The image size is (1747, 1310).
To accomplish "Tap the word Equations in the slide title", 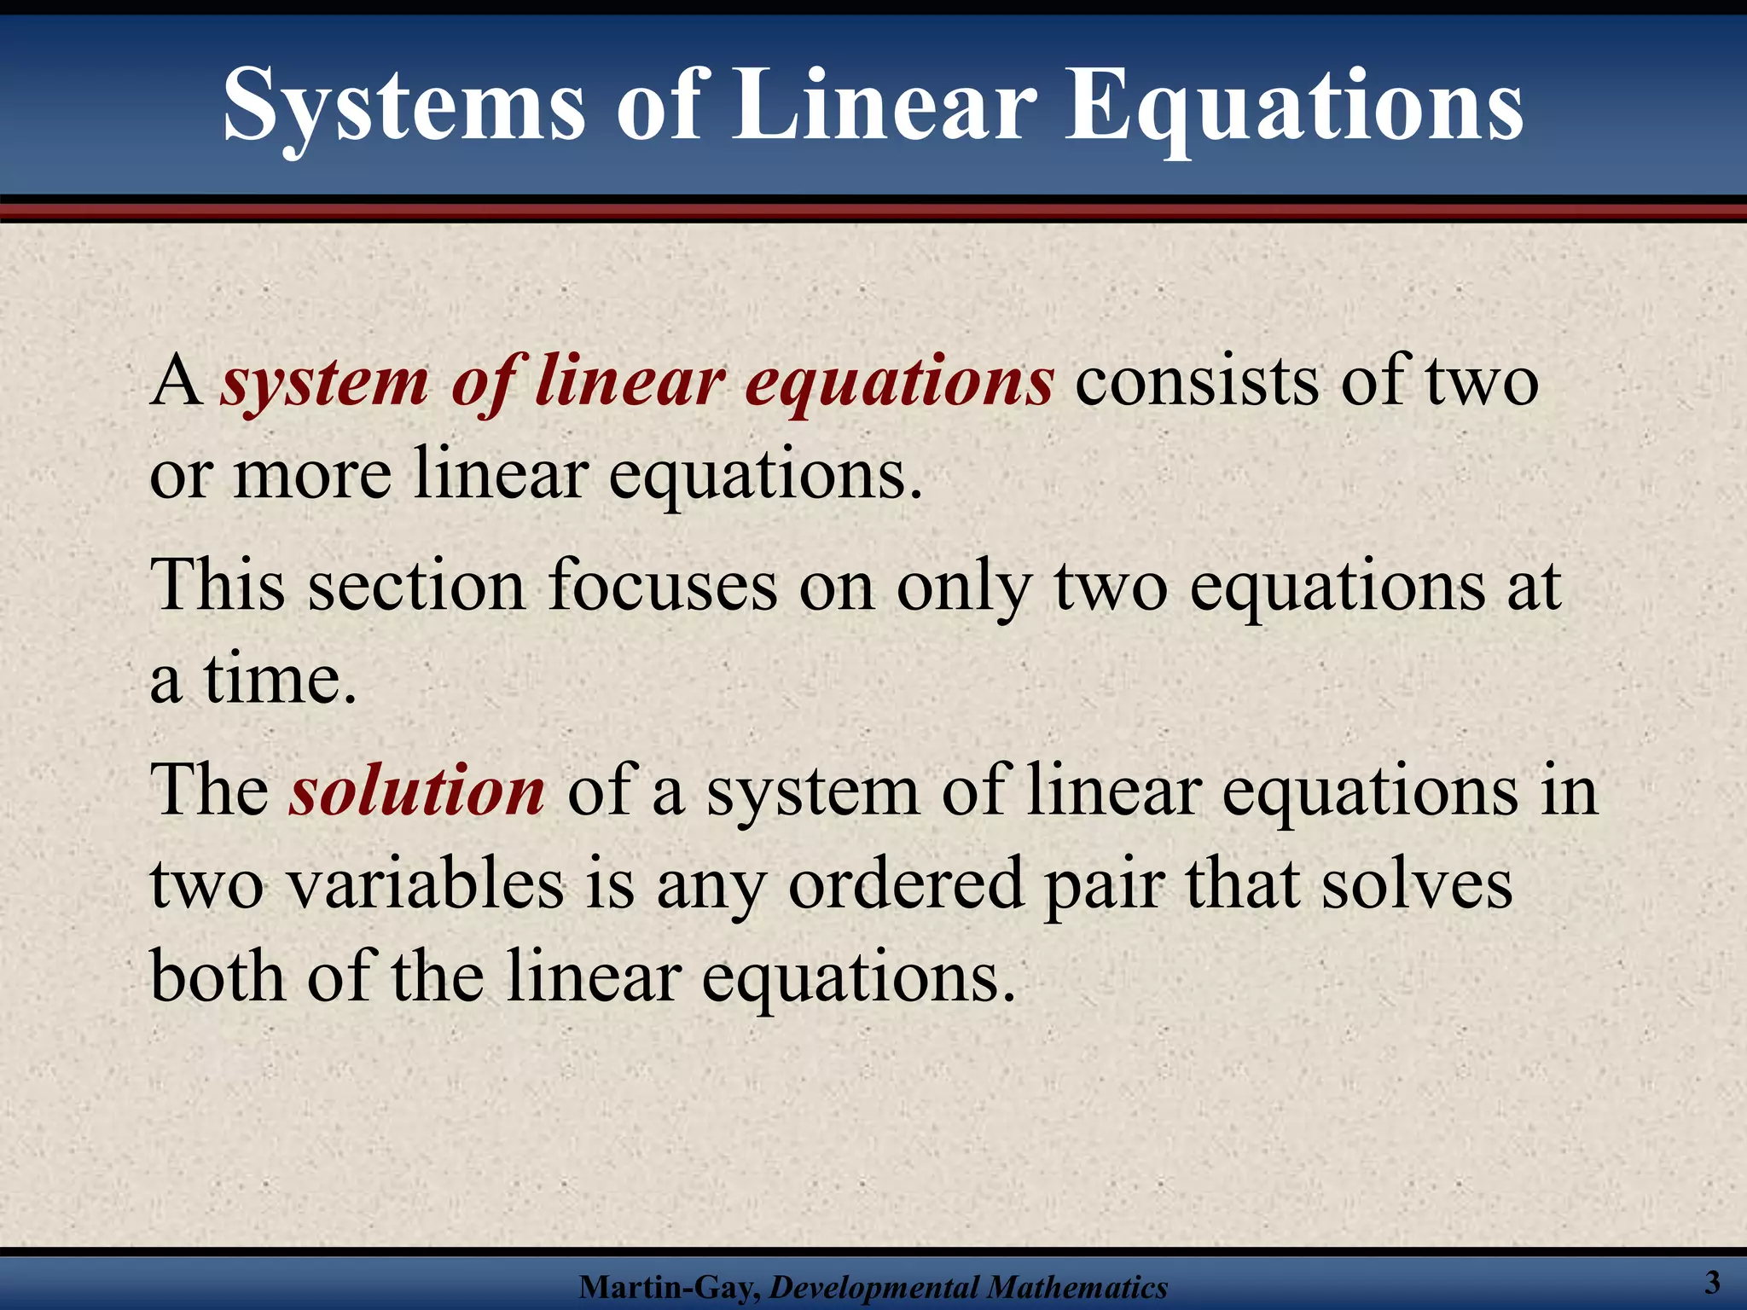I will tap(1294, 107).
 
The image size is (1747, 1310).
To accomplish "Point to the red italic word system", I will tap(325, 383).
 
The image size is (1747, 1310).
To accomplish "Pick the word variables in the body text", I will tap(426, 884).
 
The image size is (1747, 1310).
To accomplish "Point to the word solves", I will tap(1417, 884).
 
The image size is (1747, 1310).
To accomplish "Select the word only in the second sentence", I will tap(965, 588).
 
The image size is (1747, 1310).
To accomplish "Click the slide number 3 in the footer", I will tap(1711, 1282).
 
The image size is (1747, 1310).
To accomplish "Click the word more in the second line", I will tap(312, 475).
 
